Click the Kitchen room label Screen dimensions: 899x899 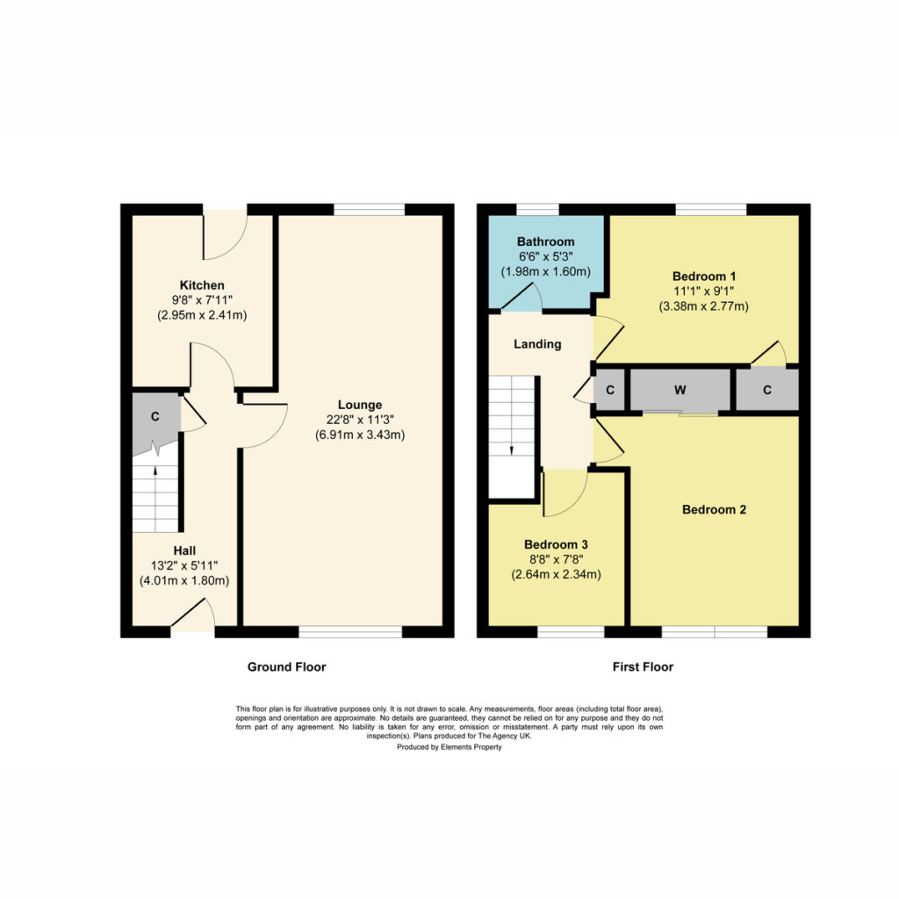click(202, 285)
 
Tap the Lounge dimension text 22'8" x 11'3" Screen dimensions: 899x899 click(360, 420)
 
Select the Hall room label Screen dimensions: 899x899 click(184, 550)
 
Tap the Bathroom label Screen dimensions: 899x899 click(546, 241)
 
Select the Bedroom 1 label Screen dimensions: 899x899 click(704, 276)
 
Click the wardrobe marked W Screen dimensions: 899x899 click(680, 390)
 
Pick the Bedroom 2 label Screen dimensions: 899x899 click(715, 509)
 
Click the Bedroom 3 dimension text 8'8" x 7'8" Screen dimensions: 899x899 click(556, 559)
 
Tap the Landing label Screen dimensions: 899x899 click(537, 344)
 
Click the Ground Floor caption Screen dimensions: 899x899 click(287, 667)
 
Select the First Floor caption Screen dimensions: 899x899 click(643, 667)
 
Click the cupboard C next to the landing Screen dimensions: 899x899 click(610, 390)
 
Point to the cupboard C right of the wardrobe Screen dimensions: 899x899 click(767, 390)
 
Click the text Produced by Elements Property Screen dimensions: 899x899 click(449, 747)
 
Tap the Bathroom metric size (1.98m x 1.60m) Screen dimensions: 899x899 click(546, 271)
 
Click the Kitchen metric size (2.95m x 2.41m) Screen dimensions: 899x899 click(202, 315)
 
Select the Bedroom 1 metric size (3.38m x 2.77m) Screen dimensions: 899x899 click(704, 306)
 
